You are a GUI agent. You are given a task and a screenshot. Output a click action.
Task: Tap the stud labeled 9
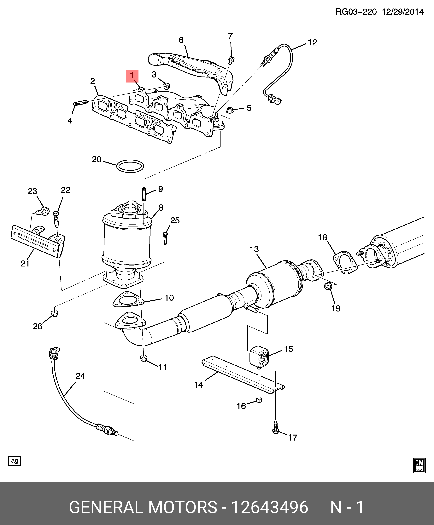coord(144,194)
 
